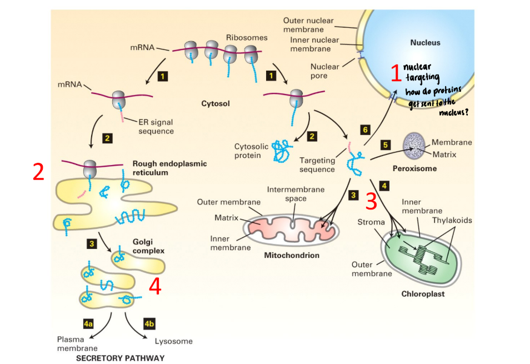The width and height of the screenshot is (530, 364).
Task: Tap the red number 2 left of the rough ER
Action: tap(38, 173)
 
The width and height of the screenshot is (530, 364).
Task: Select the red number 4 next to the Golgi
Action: tap(156, 287)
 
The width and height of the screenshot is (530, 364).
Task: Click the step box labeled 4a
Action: tap(88, 323)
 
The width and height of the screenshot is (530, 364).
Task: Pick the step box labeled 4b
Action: tap(148, 323)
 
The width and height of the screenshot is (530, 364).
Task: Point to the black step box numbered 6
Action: tap(365, 129)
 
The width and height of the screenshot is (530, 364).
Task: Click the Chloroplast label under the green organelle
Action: tap(423, 293)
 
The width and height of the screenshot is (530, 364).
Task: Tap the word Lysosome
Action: tap(173, 341)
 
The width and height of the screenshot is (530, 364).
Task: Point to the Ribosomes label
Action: tap(247, 38)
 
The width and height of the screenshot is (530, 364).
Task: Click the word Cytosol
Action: tap(216, 103)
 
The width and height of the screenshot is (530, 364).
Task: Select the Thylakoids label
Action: tap(453, 220)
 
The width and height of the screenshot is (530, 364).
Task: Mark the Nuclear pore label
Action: tap(324, 71)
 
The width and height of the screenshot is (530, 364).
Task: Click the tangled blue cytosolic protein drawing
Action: tap(283, 149)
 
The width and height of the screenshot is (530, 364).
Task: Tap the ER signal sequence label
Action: tap(156, 127)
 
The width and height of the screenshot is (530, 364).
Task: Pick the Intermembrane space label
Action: tap(296, 194)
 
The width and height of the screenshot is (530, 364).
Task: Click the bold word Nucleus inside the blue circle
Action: tap(425, 42)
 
